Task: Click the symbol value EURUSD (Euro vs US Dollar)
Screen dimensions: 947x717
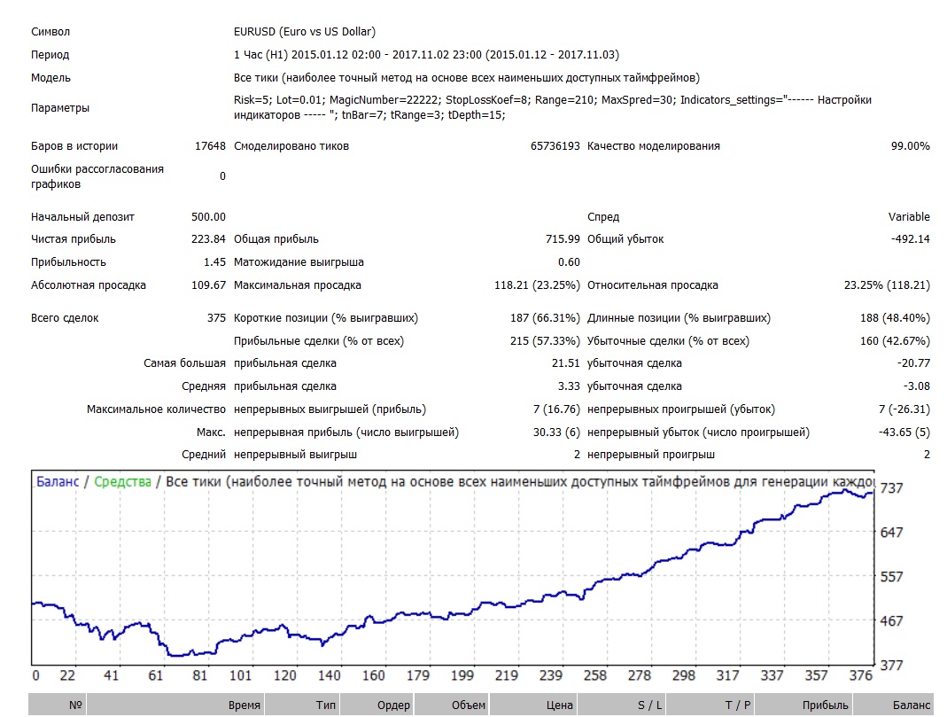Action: pyautogui.click(x=305, y=31)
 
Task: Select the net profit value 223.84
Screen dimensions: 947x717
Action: pyautogui.click(x=208, y=239)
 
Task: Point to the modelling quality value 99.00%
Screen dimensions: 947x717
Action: pyautogui.click(x=910, y=146)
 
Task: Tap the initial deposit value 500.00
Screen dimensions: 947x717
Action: pyautogui.click(x=208, y=217)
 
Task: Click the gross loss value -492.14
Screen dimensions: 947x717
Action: pyautogui.click(x=910, y=239)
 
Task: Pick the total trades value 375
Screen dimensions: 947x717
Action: pyautogui.click(x=216, y=318)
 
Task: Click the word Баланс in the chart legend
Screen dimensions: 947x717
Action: pyautogui.click(x=58, y=481)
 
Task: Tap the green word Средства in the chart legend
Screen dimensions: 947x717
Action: pyautogui.click(x=122, y=481)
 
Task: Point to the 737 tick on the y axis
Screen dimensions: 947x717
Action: pyautogui.click(x=891, y=488)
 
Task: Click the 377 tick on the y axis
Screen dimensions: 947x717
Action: pyautogui.click(x=891, y=665)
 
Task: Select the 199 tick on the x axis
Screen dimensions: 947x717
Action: pyautogui.click(x=462, y=675)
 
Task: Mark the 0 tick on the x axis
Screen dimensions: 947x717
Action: pyautogui.click(x=35, y=675)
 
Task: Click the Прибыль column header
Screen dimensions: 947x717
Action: pyautogui.click(x=825, y=705)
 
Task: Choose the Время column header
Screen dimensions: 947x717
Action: pyautogui.click(x=244, y=705)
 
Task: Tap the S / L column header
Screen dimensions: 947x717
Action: pyautogui.click(x=650, y=705)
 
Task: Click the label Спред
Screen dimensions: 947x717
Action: pyautogui.click(x=603, y=217)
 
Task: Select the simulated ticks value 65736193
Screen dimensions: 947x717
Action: pyautogui.click(x=555, y=146)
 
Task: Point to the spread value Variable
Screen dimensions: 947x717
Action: pyautogui.click(x=909, y=217)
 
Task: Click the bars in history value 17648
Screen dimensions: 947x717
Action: pyautogui.click(x=210, y=146)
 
